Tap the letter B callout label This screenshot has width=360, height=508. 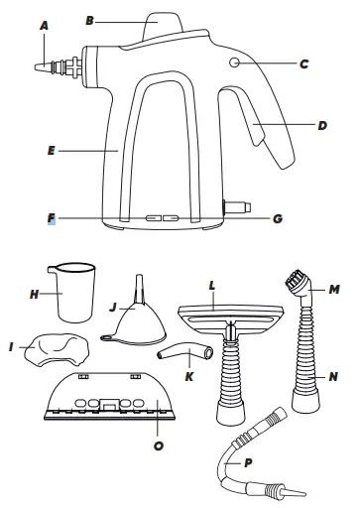point(117,17)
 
